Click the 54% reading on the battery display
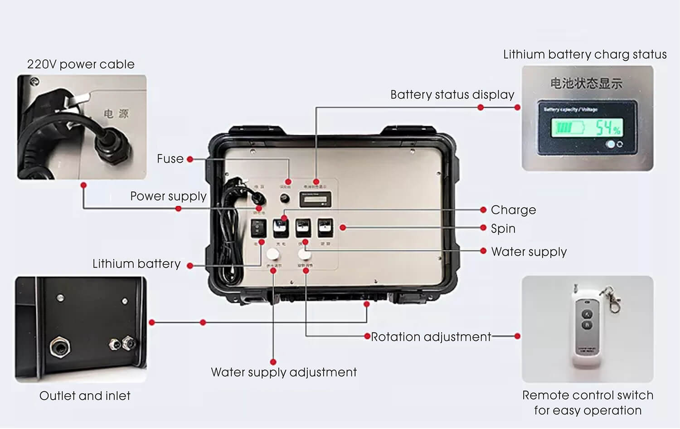[607, 128]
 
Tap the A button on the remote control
[588, 314]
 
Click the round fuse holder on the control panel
[285, 199]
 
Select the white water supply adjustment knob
[272, 254]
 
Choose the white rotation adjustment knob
[304, 253]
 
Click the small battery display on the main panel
[315, 199]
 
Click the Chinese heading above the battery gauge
[586, 83]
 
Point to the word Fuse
[170, 159]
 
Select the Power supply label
[168, 196]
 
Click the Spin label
[503, 229]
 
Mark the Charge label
[513, 210]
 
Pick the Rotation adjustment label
[431, 337]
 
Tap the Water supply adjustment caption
[284, 372]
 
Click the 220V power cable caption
[81, 64]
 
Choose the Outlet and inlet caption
[85, 396]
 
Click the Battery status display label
[452, 94]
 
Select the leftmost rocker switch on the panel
[258, 228]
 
